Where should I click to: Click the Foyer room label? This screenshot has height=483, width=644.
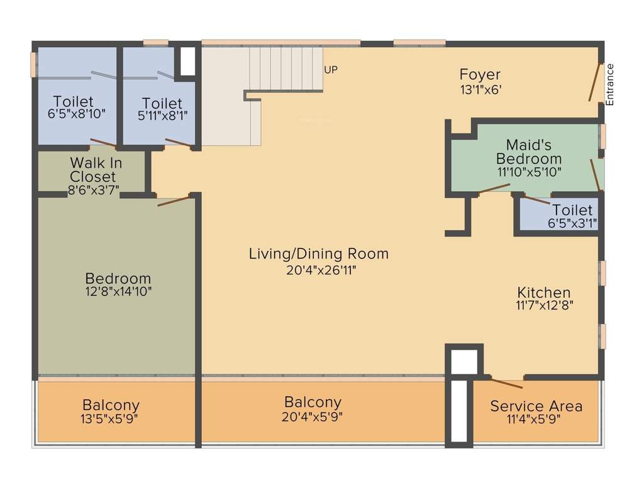click(480, 75)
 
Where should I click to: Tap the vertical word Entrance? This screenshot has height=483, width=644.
click(609, 84)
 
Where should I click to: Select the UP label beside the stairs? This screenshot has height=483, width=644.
click(331, 70)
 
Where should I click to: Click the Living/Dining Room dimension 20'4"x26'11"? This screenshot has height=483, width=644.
click(318, 270)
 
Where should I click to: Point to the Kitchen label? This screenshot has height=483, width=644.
click(544, 292)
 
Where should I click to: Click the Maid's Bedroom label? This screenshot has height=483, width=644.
click(529, 152)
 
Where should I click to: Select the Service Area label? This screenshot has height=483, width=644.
click(536, 406)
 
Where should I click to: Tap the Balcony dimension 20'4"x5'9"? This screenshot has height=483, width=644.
click(313, 416)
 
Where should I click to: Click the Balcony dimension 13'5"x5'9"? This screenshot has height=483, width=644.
click(111, 419)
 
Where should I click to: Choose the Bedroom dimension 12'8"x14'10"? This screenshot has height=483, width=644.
click(118, 292)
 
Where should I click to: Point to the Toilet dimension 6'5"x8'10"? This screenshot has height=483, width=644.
click(76, 114)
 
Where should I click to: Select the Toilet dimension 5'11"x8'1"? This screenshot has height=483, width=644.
click(162, 116)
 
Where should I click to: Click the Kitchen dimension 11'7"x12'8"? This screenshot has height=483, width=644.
click(544, 306)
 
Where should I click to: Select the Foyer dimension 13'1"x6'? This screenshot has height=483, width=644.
click(480, 90)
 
